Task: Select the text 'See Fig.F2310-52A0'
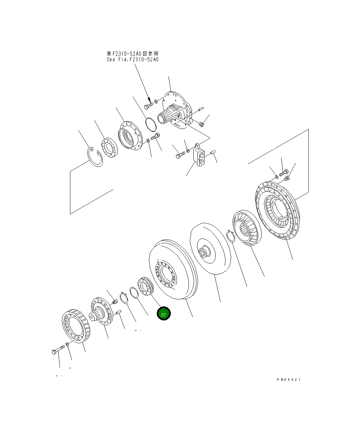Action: (132, 60)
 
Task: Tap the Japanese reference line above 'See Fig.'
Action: (132, 54)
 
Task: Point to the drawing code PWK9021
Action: (289, 379)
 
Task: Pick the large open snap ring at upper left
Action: (95, 157)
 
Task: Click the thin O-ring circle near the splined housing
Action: (150, 124)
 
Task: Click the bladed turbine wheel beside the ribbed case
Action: (246, 228)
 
